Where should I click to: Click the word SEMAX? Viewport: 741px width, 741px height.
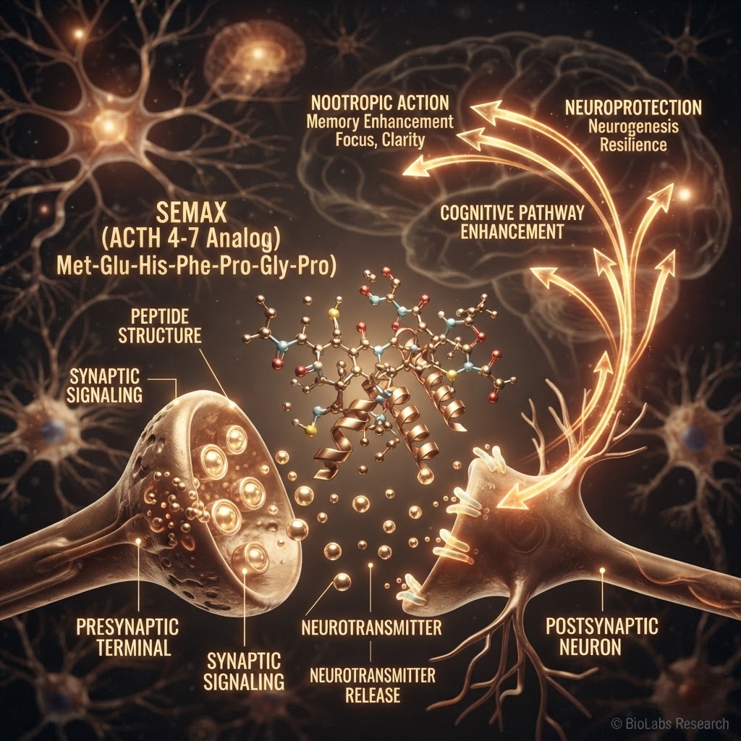(191, 213)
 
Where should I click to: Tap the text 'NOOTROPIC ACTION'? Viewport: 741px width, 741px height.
(380, 103)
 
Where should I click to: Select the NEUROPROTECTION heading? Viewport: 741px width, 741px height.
(633, 108)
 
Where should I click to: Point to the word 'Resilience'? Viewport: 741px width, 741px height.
(633, 144)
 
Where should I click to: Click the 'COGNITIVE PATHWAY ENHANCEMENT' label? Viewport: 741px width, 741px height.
(512, 222)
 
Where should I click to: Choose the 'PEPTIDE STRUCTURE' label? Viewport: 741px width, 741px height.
(160, 326)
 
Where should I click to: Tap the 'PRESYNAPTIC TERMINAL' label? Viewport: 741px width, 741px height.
(127, 637)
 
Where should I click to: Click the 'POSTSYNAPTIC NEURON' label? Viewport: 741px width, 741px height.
(601, 636)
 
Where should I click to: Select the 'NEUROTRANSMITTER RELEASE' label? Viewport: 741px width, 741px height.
(373, 685)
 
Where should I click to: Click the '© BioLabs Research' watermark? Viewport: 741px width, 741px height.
(670, 723)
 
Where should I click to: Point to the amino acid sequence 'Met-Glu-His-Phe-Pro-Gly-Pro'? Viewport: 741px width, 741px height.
(196, 266)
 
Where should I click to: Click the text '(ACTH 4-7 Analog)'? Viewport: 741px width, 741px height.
(191, 240)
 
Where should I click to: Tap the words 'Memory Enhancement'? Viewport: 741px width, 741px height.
(380, 122)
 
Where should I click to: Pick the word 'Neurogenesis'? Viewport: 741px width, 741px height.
(633, 126)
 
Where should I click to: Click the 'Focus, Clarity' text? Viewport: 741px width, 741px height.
(380, 140)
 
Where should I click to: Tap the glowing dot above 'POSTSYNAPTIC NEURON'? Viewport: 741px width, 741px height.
(602, 570)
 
